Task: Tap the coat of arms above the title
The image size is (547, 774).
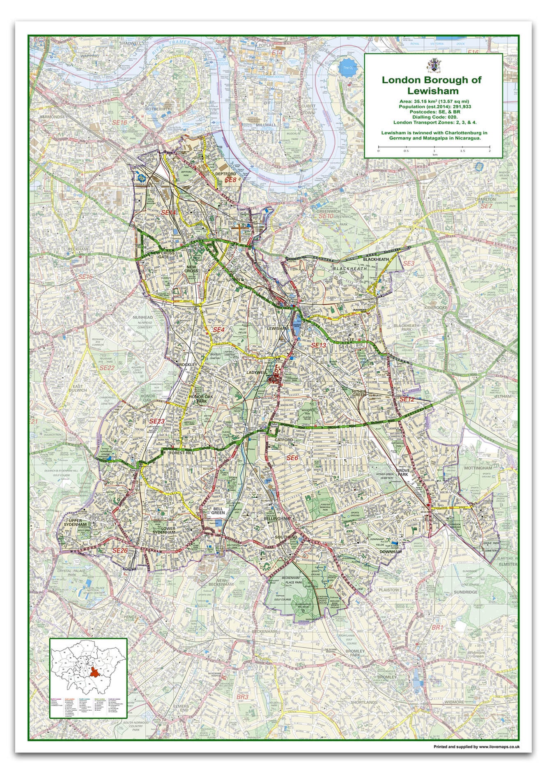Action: pyautogui.click(x=433, y=65)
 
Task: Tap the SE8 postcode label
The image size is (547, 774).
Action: pyautogui.click(x=230, y=180)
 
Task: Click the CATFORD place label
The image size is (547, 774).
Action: pyautogui.click(x=284, y=440)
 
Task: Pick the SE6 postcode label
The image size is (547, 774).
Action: pyautogui.click(x=292, y=458)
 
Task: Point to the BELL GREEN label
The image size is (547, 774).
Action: pyautogui.click(x=218, y=511)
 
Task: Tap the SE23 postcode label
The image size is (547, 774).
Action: pyautogui.click(x=156, y=421)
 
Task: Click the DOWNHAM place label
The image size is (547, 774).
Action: pyautogui.click(x=390, y=552)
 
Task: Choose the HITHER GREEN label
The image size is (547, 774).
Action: pyautogui.click(x=359, y=394)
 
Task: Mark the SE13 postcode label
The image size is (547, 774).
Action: pyautogui.click(x=318, y=345)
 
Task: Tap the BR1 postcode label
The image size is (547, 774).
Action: pyautogui.click(x=437, y=628)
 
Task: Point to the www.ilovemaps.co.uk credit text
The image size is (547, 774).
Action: pyautogui.click(x=476, y=746)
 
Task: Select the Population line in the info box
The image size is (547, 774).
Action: pyautogui.click(x=433, y=106)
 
